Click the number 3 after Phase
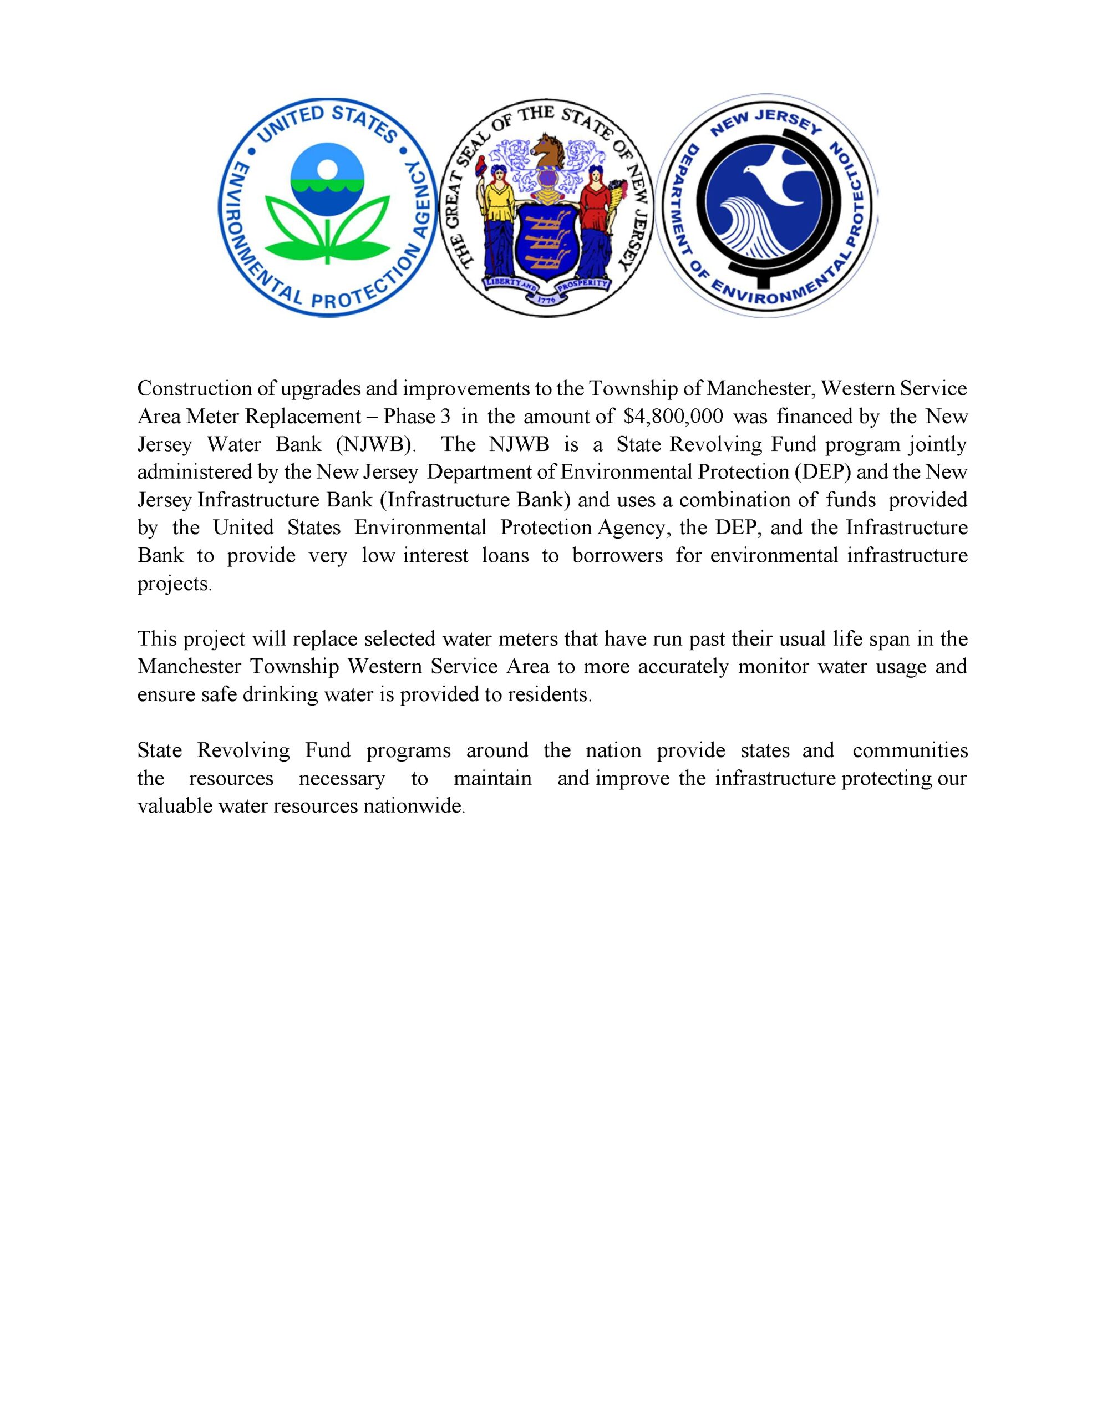(445, 416)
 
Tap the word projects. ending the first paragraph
(174, 584)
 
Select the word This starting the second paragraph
(156, 639)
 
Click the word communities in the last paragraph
(910, 751)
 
